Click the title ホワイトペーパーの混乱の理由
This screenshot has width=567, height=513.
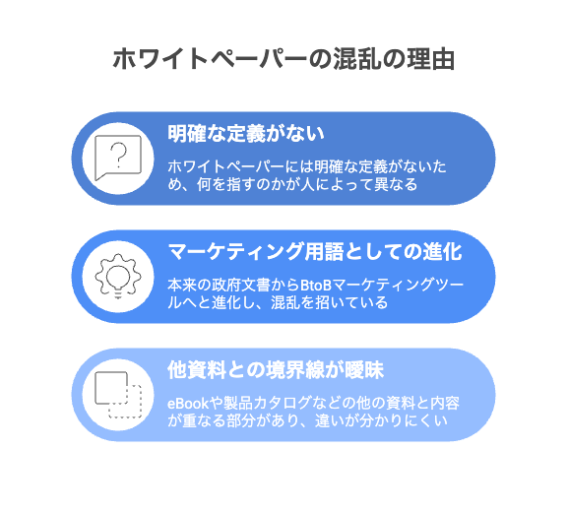tap(283, 59)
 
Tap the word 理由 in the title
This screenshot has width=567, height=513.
tap(431, 59)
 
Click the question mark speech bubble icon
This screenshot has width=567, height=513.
tap(118, 158)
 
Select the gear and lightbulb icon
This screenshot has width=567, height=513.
tap(118, 276)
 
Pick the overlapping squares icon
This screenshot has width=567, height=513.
tap(118, 395)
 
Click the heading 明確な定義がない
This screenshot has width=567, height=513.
tap(246, 134)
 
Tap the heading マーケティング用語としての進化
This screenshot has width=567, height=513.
tap(315, 251)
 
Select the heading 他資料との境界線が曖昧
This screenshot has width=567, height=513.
tap(276, 370)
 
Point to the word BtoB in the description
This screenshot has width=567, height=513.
tap(316, 286)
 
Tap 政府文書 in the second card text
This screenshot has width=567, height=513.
tap(240, 286)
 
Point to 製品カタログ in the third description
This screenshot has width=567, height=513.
tap(259, 404)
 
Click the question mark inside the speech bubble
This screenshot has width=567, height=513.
tap(118, 155)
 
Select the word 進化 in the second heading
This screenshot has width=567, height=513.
tap(443, 251)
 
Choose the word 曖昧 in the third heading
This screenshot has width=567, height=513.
tap(364, 370)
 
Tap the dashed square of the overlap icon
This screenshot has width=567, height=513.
tap(125, 402)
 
